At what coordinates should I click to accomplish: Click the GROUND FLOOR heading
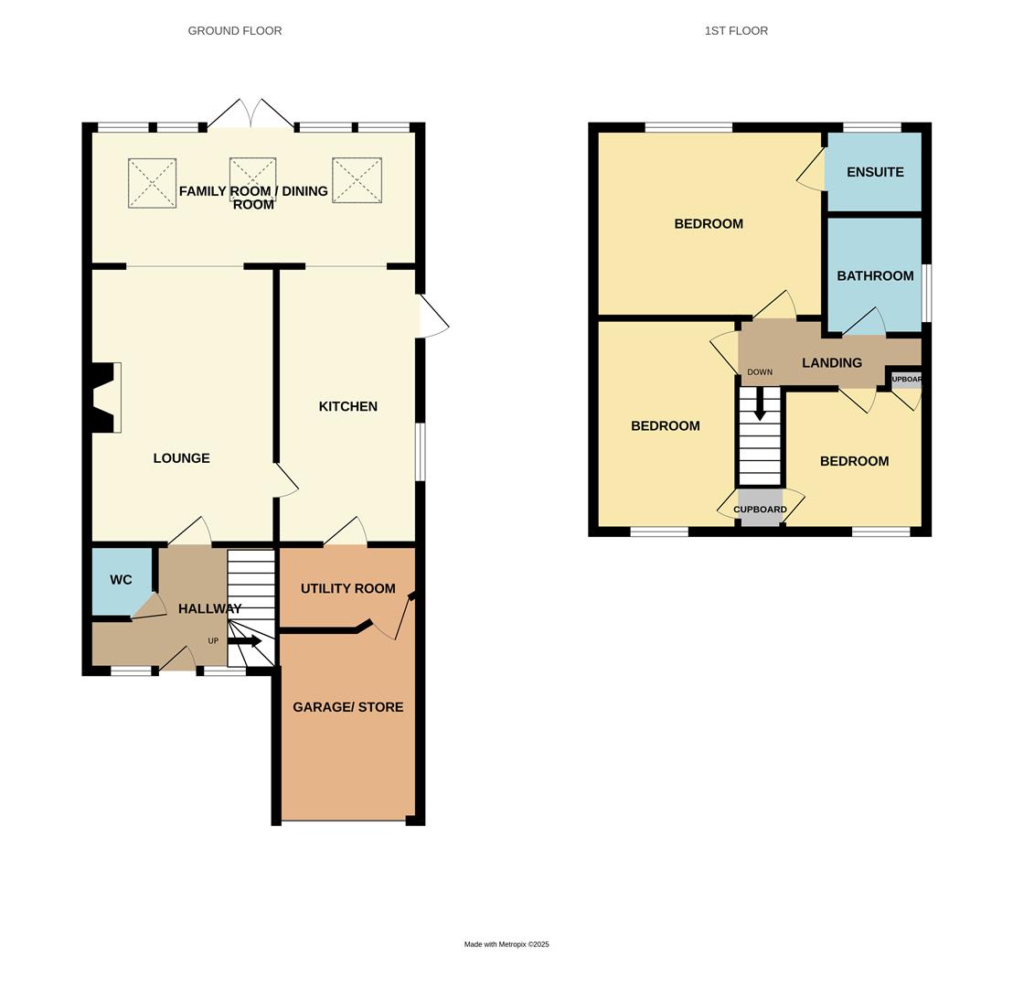(235, 31)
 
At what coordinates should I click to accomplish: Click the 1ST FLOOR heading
(736, 31)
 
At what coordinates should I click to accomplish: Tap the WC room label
(121, 580)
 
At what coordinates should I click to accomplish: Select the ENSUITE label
(875, 172)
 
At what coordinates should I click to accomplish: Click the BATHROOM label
(875, 276)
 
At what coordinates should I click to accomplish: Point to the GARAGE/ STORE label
(347, 707)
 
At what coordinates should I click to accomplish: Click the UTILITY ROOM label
(347, 589)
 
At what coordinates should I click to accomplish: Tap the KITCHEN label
(347, 407)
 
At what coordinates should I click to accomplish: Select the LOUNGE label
(181, 458)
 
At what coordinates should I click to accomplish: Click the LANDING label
(832, 363)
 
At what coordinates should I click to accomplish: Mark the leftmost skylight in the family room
(152, 183)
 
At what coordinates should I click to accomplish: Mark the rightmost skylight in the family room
(357, 180)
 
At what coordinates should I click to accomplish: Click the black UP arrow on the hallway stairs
(245, 641)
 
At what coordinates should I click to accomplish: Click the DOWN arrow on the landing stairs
(760, 403)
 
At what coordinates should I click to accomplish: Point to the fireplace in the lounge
(105, 398)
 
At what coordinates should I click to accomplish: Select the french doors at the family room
(251, 114)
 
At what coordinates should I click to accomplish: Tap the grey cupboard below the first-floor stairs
(761, 509)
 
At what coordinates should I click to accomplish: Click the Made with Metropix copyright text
(506, 944)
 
